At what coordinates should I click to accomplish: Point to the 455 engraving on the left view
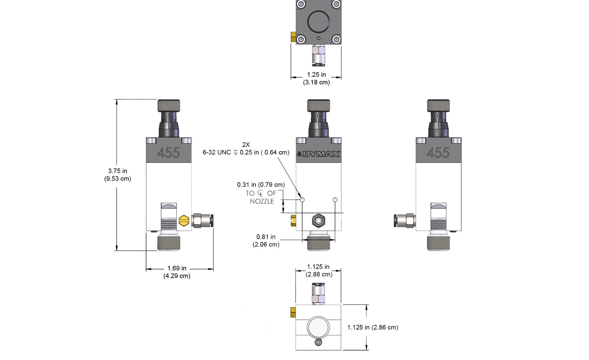(x=169, y=153)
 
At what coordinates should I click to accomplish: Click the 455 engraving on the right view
(x=438, y=153)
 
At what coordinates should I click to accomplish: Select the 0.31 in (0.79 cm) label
(x=261, y=185)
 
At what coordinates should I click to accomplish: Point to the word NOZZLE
(x=262, y=202)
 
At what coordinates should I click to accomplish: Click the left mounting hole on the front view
(x=302, y=200)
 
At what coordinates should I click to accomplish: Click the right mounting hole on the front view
(x=335, y=200)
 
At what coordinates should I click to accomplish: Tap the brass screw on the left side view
(x=184, y=221)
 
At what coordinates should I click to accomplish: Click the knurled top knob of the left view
(x=169, y=106)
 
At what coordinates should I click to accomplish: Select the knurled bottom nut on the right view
(x=438, y=243)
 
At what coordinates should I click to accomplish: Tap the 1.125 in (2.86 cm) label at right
(x=373, y=327)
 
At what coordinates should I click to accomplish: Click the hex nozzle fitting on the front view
(x=318, y=221)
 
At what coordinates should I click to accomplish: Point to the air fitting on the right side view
(x=404, y=221)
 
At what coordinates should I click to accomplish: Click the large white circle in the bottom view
(x=318, y=327)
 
